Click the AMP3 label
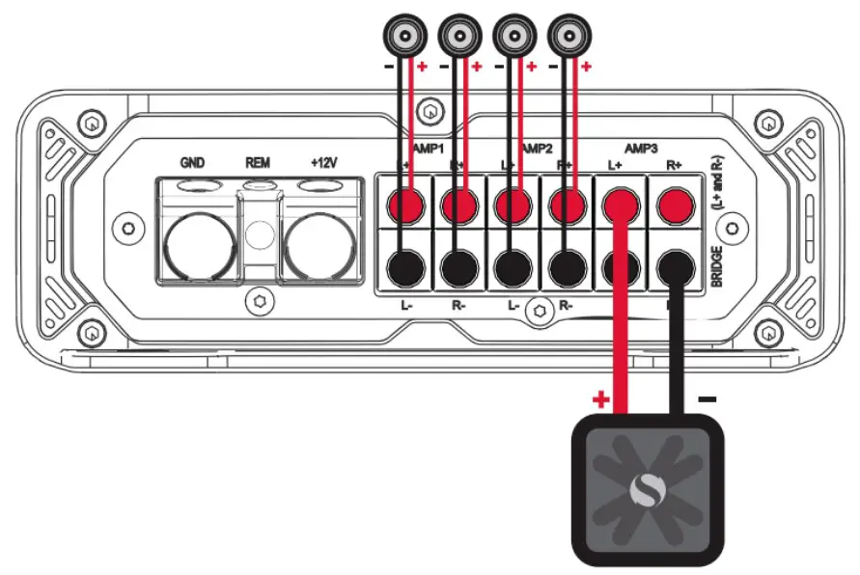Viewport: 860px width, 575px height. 642,149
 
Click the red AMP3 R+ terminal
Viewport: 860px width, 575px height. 677,205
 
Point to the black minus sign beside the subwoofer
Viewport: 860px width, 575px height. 707,397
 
